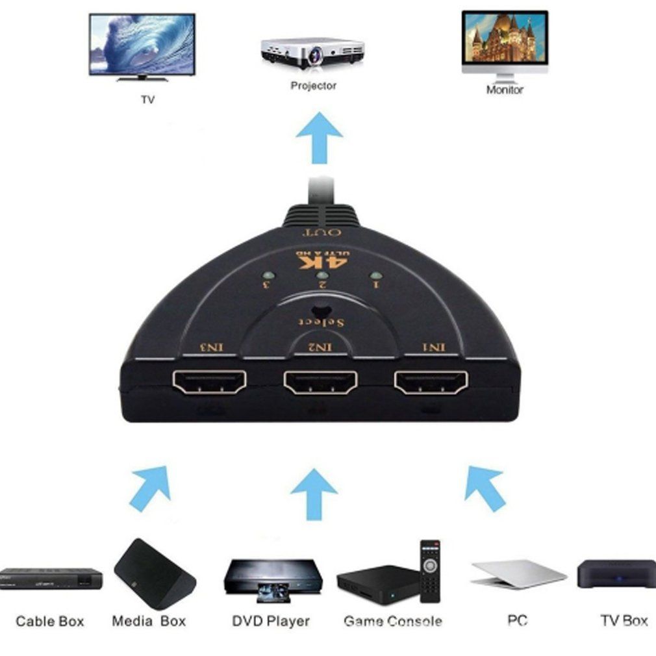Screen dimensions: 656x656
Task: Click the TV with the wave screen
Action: click(142, 46)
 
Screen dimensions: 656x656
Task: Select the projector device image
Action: click(312, 53)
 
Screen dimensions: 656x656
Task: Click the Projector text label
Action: click(313, 86)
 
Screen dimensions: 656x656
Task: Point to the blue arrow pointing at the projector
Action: click(319, 136)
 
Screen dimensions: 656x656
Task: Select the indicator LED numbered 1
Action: click(375, 277)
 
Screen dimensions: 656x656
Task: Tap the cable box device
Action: click(50, 578)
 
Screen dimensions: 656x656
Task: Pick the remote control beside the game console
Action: click(429, 570)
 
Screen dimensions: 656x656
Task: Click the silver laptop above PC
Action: click(518, 574)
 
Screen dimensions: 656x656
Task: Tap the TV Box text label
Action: click(624, 620)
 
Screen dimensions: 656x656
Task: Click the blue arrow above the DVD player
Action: click(314, 494)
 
